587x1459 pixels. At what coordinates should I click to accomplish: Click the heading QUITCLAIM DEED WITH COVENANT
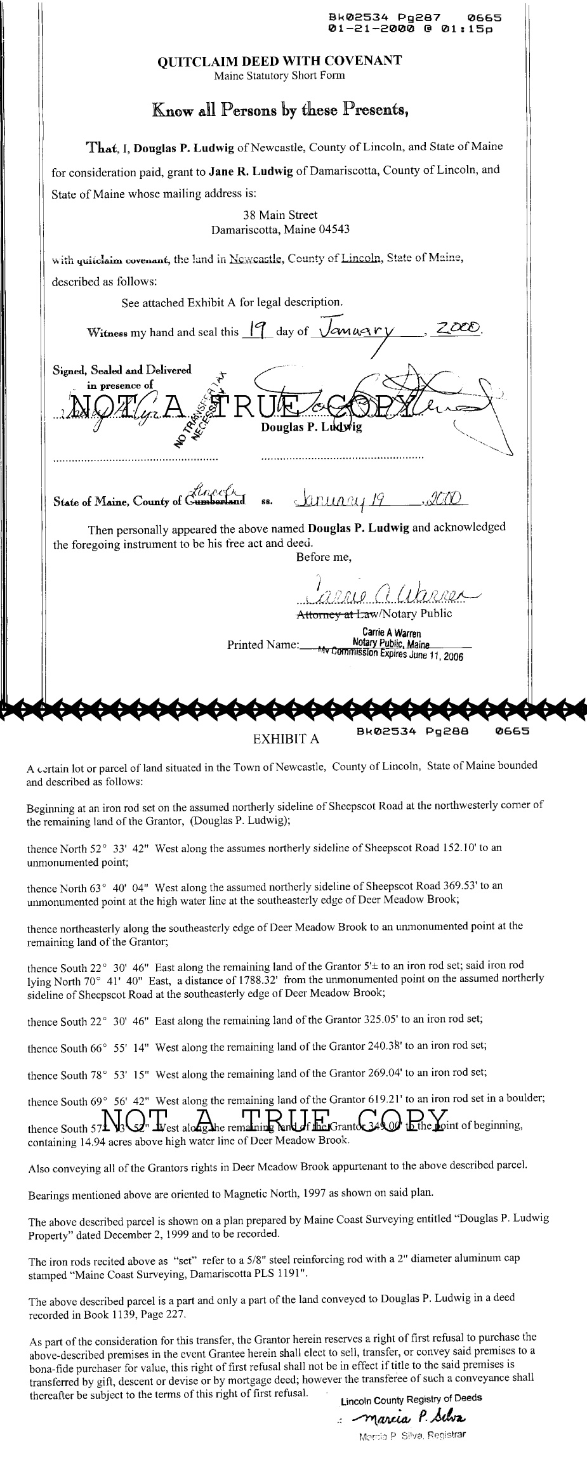click(x=279, y=61)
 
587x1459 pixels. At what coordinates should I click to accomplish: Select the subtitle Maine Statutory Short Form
click(x=279, y=75)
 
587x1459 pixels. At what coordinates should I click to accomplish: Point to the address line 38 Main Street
click(x=280, y=215)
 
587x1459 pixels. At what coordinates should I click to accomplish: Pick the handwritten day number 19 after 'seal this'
click(x=256, y=329)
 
